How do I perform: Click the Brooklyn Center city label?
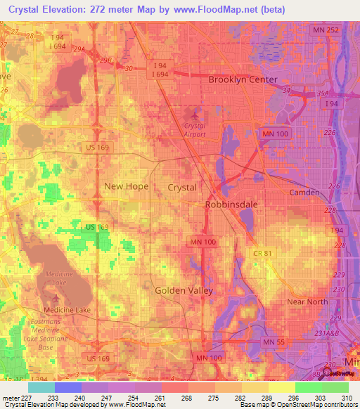[x=243, y=79]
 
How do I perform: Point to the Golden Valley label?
[x=183, y=290]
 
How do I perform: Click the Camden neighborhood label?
[x=304, y=192]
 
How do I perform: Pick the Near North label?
[x=308, y=301]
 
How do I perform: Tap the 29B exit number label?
[x=106, y=60]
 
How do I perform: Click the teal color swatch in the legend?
[x=41, y=387]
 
